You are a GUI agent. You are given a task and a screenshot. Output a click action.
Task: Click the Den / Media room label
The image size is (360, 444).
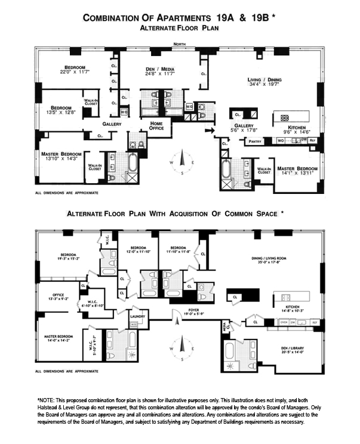pos(159,70)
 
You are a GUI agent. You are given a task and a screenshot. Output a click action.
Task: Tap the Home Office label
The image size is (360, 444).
pos(152,125)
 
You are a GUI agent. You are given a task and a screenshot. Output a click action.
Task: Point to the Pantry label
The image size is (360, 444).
pos(255,141)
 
